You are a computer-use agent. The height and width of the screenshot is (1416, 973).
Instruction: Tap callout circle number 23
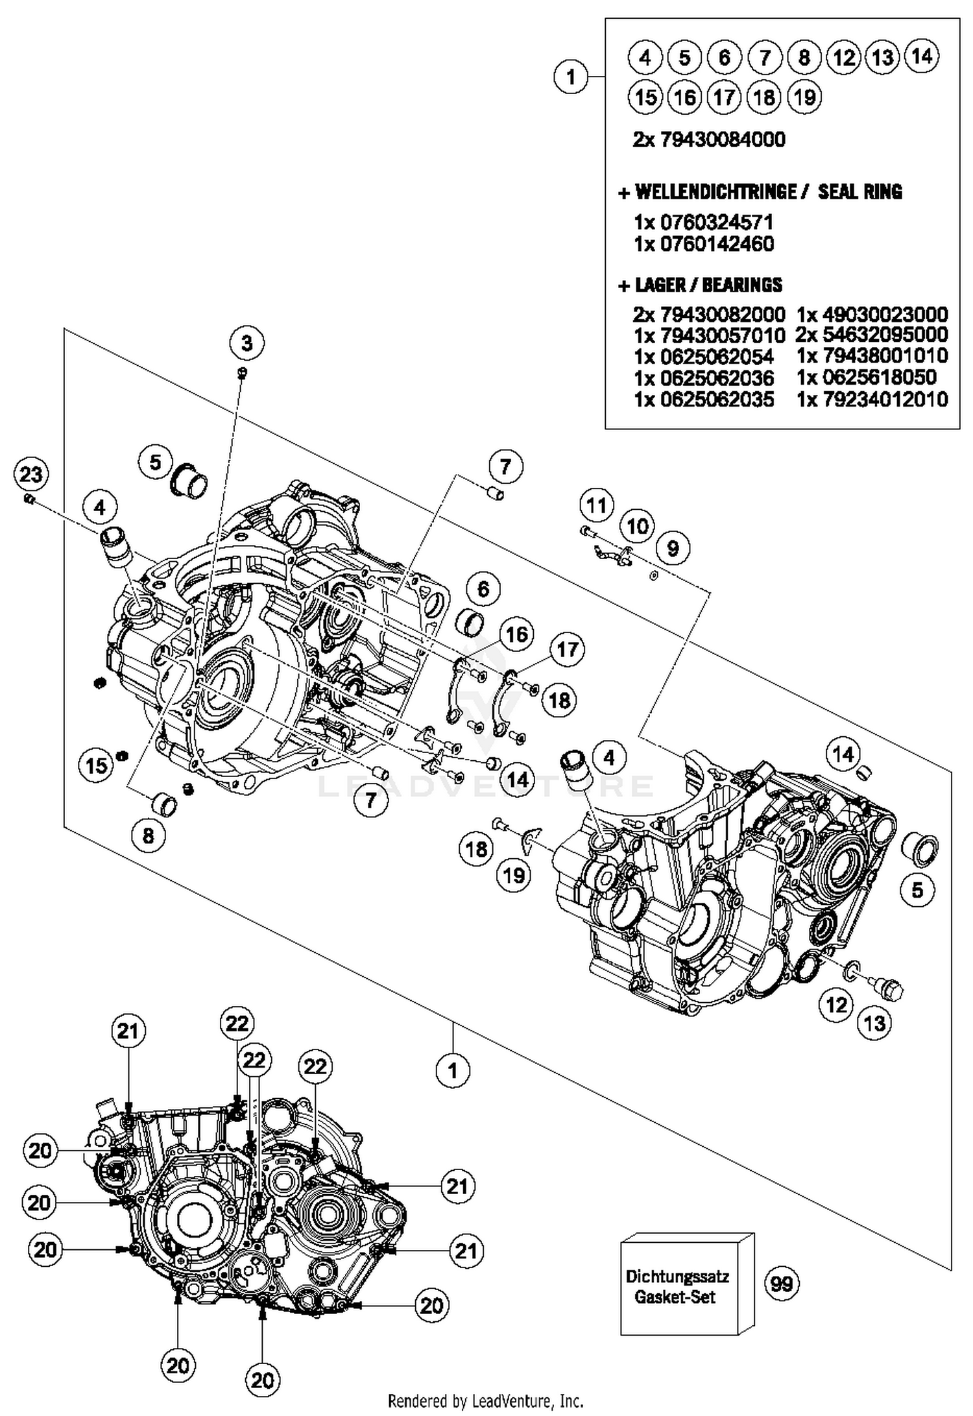[31, 475]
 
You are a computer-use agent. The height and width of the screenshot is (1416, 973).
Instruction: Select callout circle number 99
[782, 1283]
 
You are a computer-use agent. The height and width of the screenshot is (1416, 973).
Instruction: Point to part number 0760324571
[716, 222]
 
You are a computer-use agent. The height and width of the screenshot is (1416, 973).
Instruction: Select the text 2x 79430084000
[708, 139]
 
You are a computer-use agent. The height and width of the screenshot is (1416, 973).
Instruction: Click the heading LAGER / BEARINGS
[708, 285]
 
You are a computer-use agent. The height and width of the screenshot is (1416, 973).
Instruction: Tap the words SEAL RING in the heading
[859, 192]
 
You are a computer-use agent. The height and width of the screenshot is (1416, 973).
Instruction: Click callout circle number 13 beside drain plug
[874, 1023]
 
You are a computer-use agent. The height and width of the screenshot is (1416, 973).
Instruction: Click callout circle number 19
[514, 875]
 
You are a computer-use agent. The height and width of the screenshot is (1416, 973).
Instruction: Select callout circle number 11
[596, 505]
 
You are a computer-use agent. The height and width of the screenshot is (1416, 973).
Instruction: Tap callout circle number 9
[673, 549]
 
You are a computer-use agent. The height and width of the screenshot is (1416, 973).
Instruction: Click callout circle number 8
[149, 835]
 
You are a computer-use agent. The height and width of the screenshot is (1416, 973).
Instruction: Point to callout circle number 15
[97, 765]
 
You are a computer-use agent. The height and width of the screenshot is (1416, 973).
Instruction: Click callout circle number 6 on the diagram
[483, 589]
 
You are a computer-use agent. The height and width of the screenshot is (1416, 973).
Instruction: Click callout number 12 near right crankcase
[836, 1005]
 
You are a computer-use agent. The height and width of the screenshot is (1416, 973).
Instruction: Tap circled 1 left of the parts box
[571, 77]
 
